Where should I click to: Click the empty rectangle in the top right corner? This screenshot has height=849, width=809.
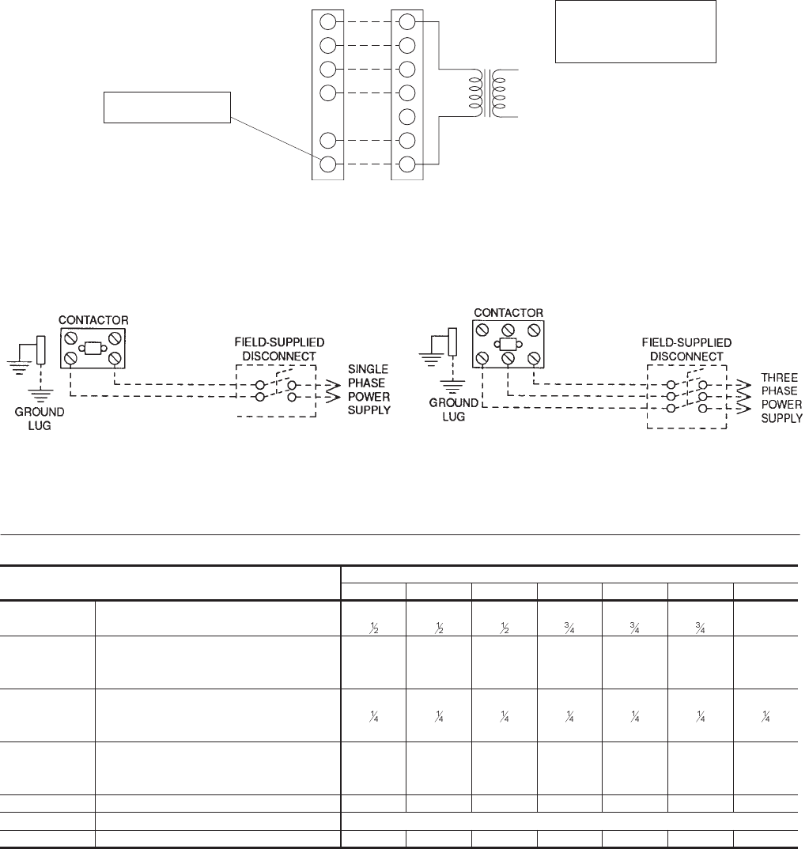point(636,32)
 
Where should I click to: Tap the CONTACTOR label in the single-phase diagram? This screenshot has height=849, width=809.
point(94,320)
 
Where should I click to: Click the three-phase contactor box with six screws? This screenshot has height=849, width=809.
point(509,344)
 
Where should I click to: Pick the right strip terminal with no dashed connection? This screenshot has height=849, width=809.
point(408,117)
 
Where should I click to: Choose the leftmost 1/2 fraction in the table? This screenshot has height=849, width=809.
point(372,618)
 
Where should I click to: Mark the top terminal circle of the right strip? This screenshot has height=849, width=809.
point(408,21)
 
